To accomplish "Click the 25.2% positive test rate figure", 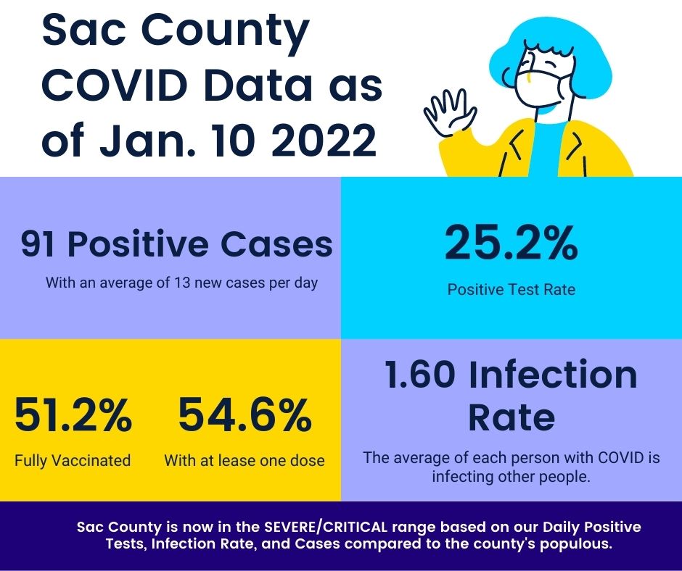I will pyautogui.click(x=511, y=244).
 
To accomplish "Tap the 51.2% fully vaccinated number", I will pyautogui.click(x=73, y=417).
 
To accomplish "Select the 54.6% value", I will pyautogui.click(x=245, y=417).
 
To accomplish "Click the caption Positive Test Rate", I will pyautogui.click(x=511, y=290).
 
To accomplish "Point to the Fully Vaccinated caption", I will pyautogui.click(x=73, y=460).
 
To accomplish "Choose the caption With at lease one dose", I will pyautogui.click(x=245, y=460).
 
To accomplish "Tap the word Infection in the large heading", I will pyautogui.click(x=553, y=375).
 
